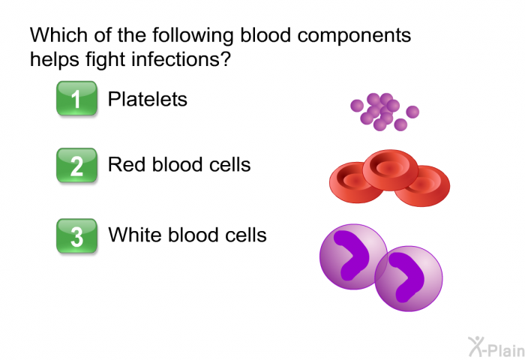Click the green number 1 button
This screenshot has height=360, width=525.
(76, 98)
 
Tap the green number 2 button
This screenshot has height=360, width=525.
(76, 166)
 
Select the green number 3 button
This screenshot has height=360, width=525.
(76, 236)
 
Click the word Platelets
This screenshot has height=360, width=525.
(147, 99)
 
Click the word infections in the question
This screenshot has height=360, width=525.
(181, 59)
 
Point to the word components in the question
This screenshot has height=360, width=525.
(354, 36)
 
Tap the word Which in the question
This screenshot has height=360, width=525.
(59, 34)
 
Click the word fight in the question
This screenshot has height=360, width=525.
(106, 60)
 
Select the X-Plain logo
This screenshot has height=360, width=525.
(496, 347)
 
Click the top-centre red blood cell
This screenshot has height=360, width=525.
(391, 169)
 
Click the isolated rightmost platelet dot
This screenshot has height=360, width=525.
(412, 112)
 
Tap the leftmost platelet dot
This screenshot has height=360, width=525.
(357, 106)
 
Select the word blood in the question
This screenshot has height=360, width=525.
(265, 34)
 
